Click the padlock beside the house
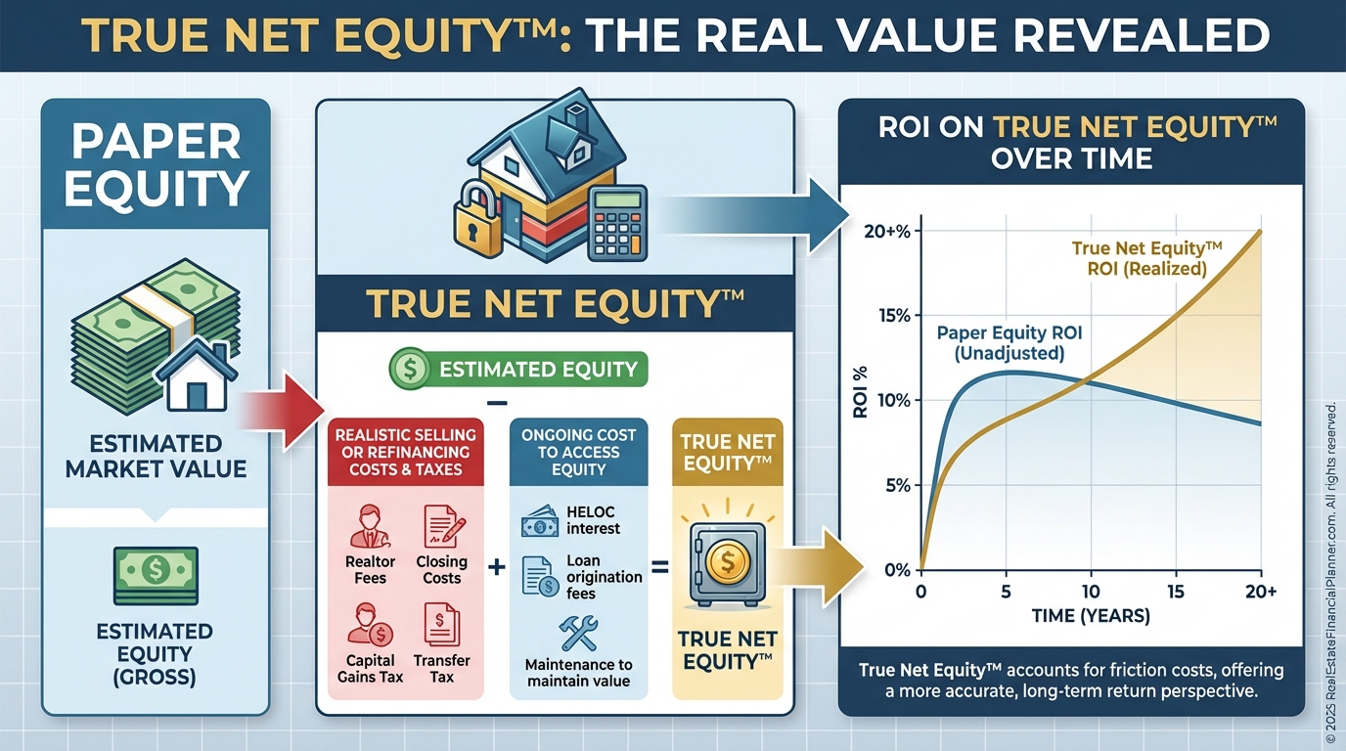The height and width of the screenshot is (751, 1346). pos(477,220)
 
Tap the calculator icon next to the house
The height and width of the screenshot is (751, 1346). pos(617,223)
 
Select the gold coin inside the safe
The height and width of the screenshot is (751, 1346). pos(728,562)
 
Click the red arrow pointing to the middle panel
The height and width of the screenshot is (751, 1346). pos(281,412)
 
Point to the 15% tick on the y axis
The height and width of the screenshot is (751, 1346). pos(894,316)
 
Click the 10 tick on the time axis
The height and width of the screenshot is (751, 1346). pos(1091,592)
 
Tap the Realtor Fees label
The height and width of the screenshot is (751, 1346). pos(370,569)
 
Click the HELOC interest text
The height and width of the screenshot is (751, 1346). pos(593,520)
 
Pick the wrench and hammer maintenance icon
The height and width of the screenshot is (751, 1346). pos(578,634)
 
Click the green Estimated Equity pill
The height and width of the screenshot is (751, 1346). pos(518,369)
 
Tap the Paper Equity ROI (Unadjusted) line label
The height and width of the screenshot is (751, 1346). pos(1009,342)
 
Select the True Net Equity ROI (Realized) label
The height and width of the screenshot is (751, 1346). pos(1147,258)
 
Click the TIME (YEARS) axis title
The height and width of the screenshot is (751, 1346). pos(1091,616)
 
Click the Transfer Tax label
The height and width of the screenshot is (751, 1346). pos(442,669)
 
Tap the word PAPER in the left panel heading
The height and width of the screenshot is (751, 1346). pos(157,142)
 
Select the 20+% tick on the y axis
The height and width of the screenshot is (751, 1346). pos(887,232)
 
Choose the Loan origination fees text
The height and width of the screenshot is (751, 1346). pos(604,577)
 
